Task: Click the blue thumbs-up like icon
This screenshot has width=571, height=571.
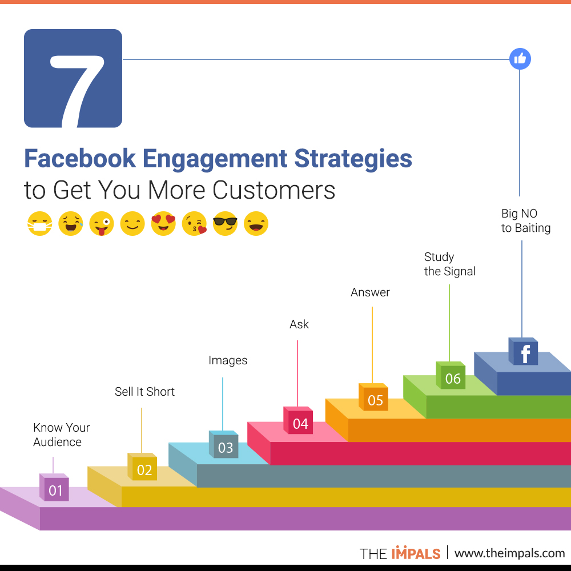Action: [x=520, y=59]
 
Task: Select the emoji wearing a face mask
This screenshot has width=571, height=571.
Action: [x=40, y=223]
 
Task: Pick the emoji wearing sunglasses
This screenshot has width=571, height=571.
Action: [x=225, y=223]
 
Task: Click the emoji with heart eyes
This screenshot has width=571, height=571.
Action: [x=163, y=223]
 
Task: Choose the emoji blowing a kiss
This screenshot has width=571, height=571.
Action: [x=195, y=223]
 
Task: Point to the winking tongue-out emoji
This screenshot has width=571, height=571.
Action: [x=102, y=223]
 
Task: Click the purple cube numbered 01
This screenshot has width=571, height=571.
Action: [x=54, y=487]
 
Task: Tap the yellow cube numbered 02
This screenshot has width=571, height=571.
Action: [x=142, y=467]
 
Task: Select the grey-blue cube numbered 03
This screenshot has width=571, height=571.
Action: [x=224, y=444]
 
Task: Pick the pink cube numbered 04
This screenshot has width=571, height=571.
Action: [x=298, y=421]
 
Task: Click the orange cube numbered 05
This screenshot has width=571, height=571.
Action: [x=373, y=397]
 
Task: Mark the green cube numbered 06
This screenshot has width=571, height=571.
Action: [x=451, y=375]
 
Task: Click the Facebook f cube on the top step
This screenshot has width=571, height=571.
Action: [x=523, y=351]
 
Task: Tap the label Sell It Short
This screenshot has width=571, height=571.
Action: [x=144, y=392]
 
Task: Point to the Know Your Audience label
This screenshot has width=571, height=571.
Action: [x=61, y=435]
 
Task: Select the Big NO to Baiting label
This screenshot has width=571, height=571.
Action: [x=526, y=220]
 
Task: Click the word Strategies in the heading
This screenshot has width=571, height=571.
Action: [x=353, y=159]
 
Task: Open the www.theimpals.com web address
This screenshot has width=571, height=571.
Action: [x=509, y=553]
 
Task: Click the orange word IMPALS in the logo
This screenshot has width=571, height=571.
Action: [x=416, y=553]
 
